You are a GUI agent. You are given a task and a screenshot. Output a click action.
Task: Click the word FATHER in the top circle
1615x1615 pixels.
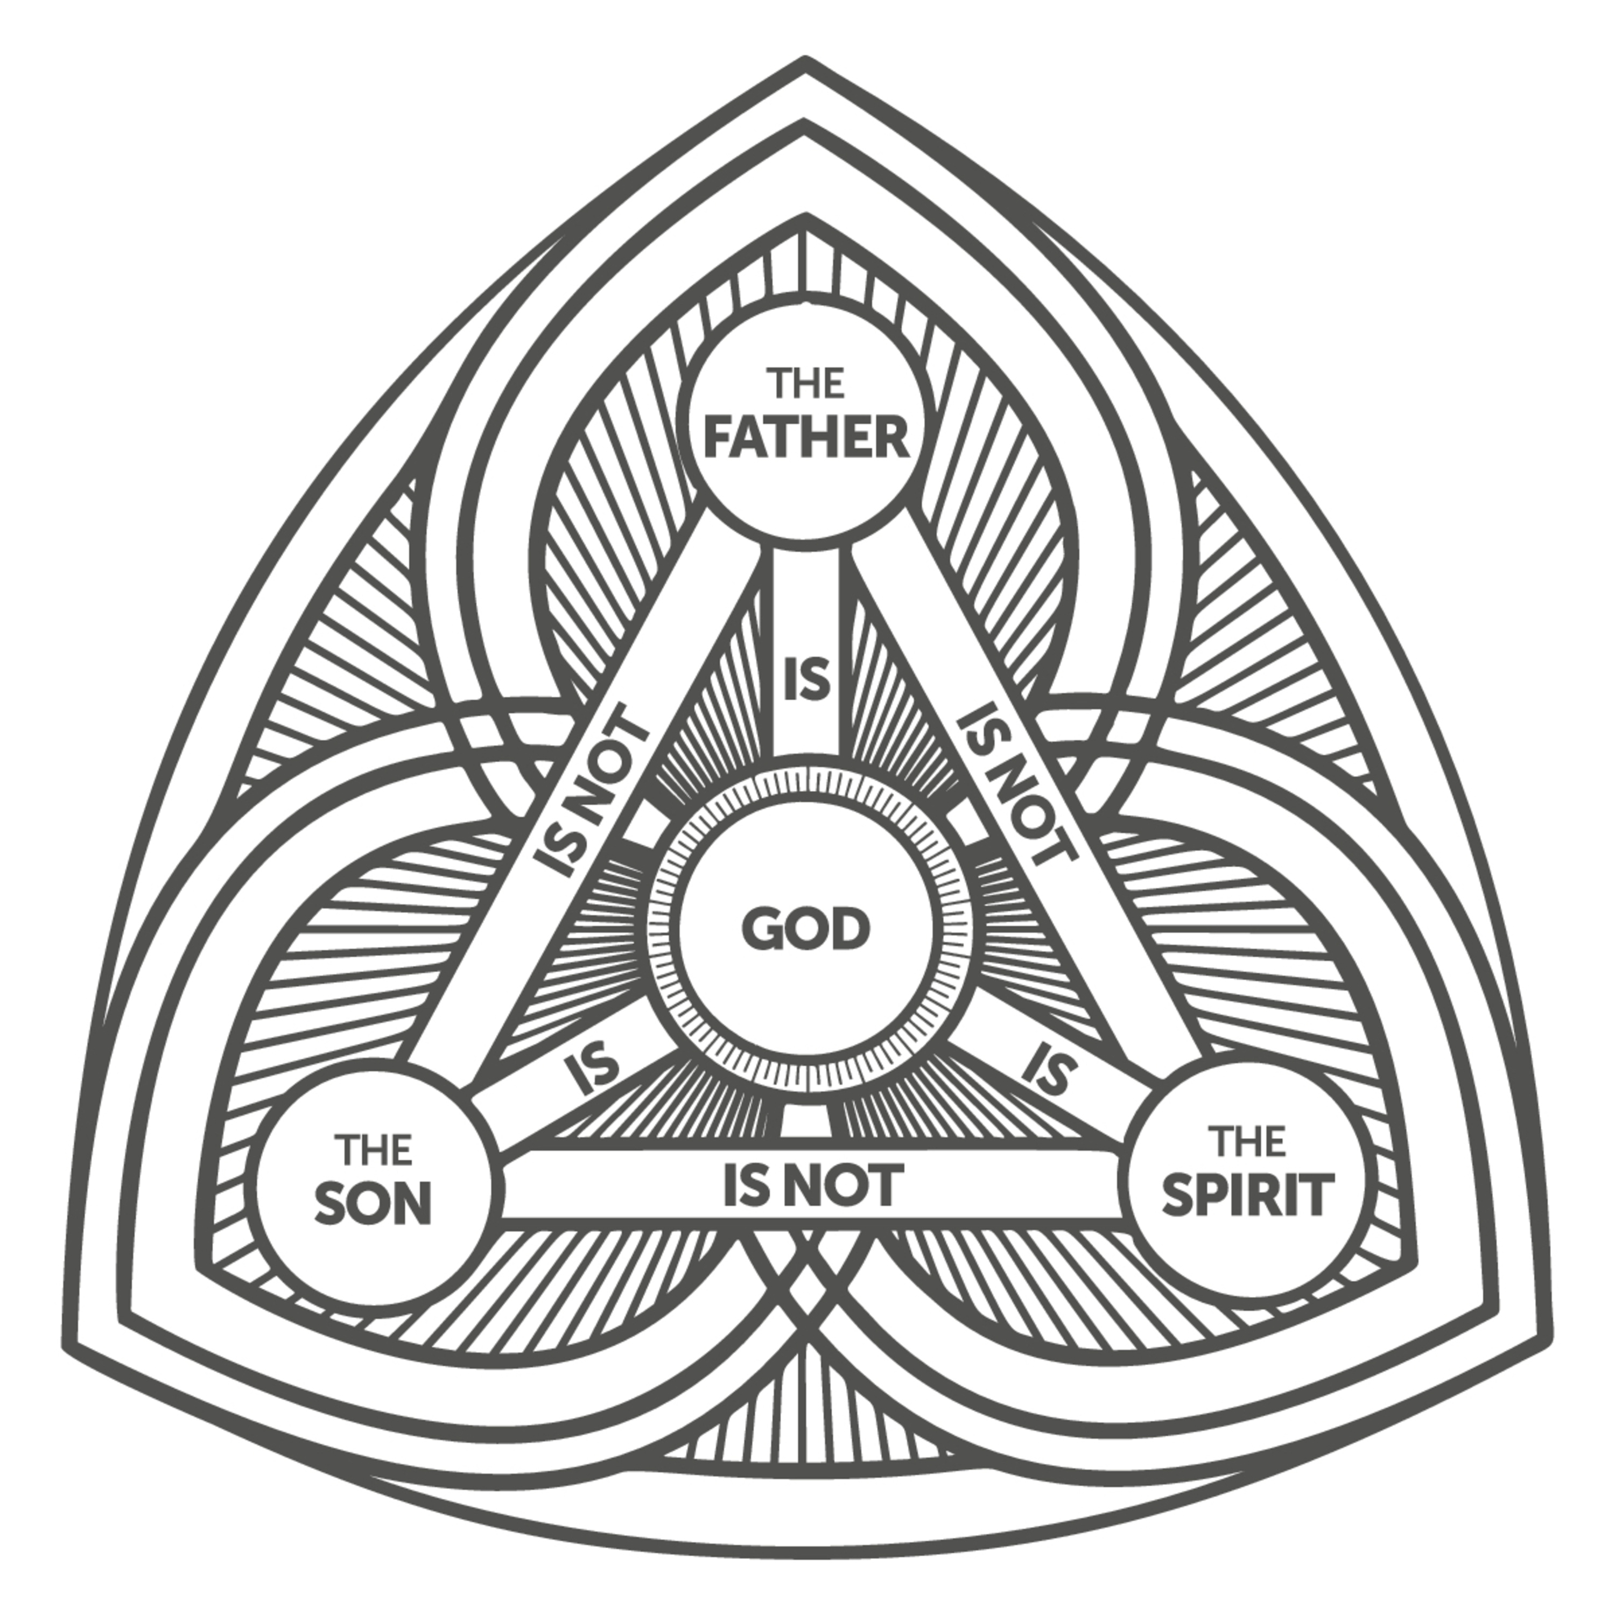point(806,437)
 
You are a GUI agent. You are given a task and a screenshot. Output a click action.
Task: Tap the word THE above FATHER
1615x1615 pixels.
point(806,384)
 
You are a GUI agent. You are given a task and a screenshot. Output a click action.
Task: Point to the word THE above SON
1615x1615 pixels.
point(374,1150)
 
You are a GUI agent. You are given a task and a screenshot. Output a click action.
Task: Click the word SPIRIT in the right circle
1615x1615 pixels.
point(1246,1195)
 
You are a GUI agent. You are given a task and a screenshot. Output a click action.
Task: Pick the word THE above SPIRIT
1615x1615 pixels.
point(1248,1142)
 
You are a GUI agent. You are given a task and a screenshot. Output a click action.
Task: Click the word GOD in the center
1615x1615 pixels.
point(806,930)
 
